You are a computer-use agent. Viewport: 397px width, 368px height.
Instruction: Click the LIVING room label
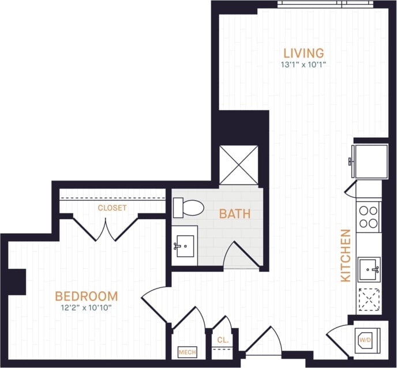tap(304, 53)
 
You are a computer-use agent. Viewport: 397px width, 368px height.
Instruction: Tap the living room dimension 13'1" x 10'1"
tap(304, 65)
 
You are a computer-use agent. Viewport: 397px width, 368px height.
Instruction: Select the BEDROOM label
tap(86, 296)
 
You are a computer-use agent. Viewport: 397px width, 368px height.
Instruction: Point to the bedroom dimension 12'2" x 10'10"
tap(86, 307)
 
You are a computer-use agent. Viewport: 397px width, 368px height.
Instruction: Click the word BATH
tap(235, 214)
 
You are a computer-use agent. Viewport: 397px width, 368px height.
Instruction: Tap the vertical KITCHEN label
tap(346, 256)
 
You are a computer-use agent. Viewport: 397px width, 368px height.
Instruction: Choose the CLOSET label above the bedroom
tap(112, 208)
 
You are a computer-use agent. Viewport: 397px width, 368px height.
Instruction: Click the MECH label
tap(187, 352)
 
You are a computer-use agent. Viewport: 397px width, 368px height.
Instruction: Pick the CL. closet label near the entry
tap(223, 340)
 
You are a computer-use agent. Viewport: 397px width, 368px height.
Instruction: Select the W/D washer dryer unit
tap(366, 340)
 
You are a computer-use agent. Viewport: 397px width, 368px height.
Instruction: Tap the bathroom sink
tap(185, 246)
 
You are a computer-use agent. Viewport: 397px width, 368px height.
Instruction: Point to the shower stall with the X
tap(239, 164)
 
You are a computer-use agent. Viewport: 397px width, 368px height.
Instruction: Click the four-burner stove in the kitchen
tap(368, 217)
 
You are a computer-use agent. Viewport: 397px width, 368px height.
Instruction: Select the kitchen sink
tap(369, 269)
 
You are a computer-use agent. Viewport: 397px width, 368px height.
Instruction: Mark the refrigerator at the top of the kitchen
tap(370, 162)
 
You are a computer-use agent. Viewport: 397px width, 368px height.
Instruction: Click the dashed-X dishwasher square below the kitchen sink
tap(369, 299)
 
